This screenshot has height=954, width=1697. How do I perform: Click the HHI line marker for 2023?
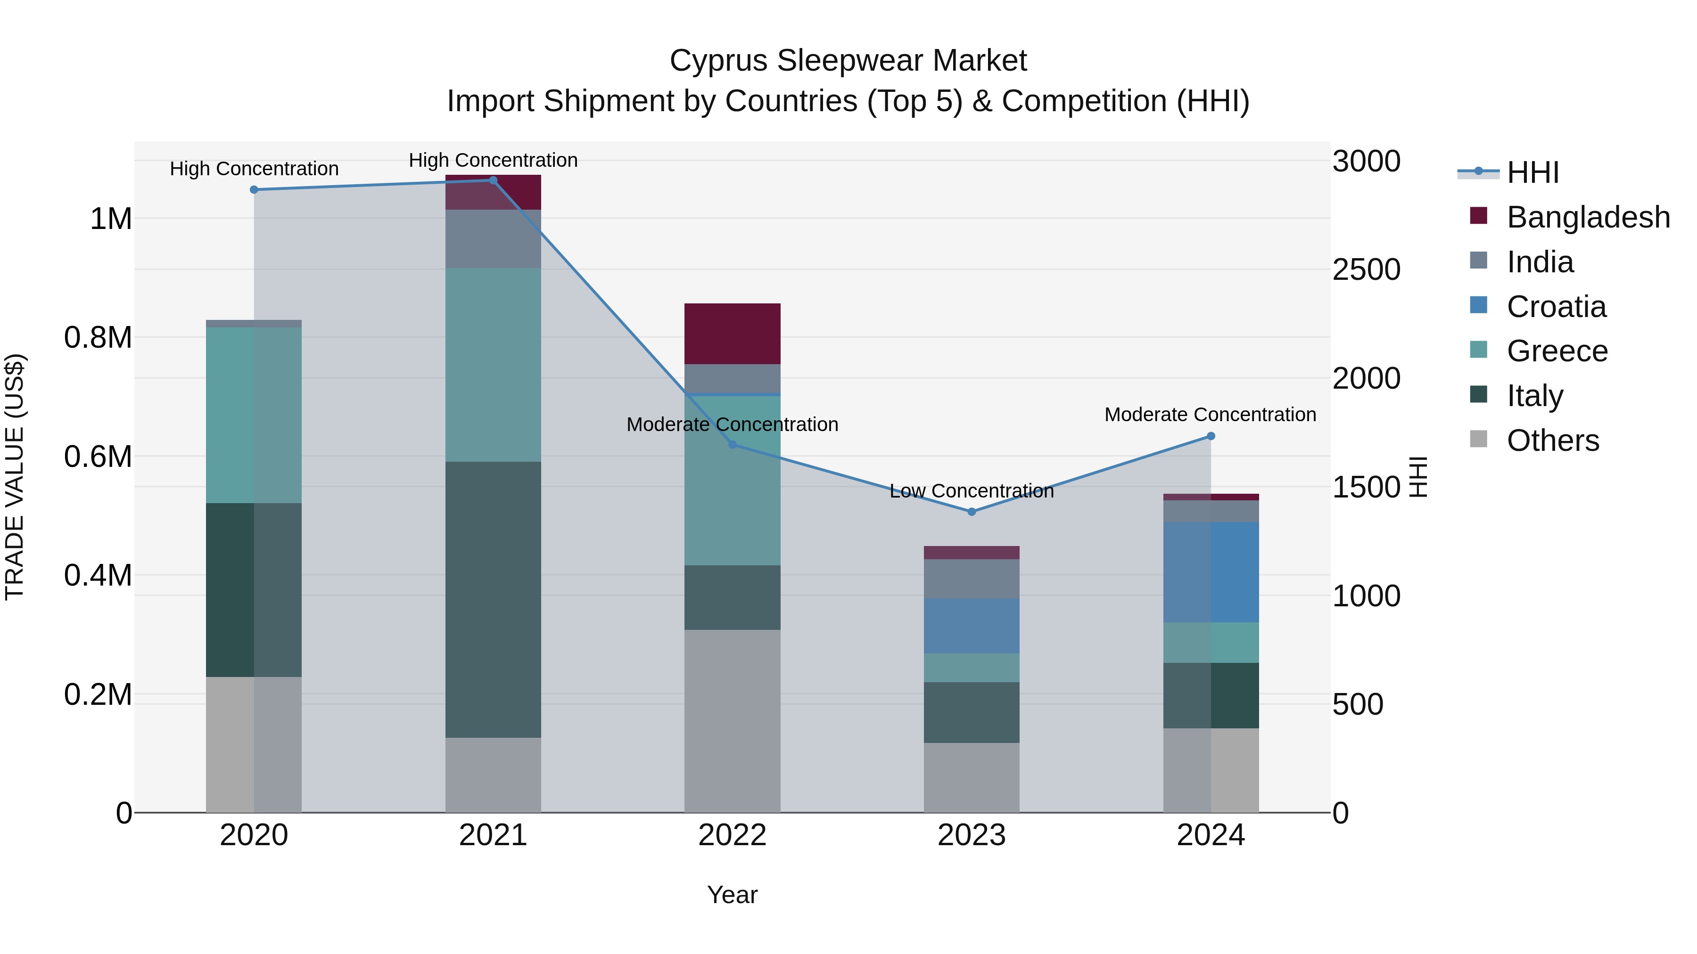tap(971, 512)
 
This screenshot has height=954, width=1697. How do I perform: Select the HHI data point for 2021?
tap(493, 180)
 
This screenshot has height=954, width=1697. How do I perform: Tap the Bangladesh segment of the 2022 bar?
tap(732, 334)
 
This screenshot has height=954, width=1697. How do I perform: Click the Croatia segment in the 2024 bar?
tap(1211, 572)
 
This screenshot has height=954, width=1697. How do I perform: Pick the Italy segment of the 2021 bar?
tap(493, 599)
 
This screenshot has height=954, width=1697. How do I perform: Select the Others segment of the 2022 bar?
tap(732, 721)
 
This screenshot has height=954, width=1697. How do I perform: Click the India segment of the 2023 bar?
tap(971, 579)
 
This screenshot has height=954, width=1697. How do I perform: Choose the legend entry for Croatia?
tap(1556, 307)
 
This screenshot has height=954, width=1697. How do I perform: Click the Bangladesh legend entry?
tap(1588, 217)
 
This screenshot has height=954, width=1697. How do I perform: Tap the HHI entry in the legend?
tap(1532, 172)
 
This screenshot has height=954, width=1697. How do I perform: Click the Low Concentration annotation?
tap(971, 491)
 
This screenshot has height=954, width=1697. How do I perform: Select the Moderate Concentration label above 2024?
tap(1210, 415)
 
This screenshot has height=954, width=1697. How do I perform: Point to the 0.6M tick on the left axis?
tap(98, 456)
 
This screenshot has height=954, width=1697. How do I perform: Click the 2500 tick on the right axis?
tap(1366, 270)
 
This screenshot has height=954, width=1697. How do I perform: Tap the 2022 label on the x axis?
tap(732, 835)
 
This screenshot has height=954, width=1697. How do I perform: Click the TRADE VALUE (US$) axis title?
tap(15, 477)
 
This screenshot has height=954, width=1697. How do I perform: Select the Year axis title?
tap(732, 895)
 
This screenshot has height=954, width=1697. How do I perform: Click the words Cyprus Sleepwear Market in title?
tap(848, 61)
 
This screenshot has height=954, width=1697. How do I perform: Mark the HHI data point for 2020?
tap(254, 189)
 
